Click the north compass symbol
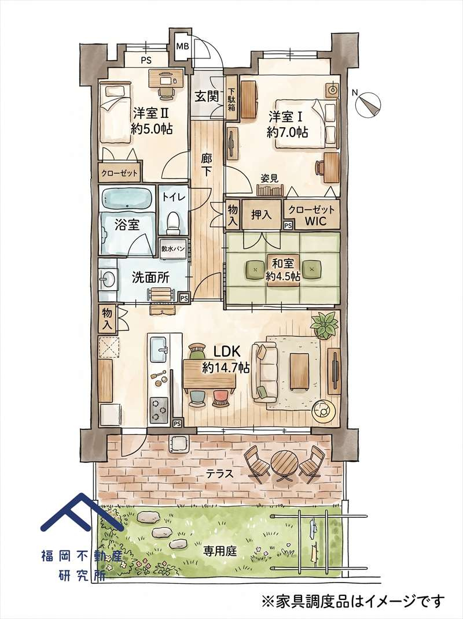pyautogui.click(x=369, y=102)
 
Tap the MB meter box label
pyautogui.click(x=182, y=46)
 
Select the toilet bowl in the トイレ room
pyautogui.click(x=173, y=222)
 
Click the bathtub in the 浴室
pyautogui.click(x=127, y=199)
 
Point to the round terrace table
pyautogui.click(x=284, y=464)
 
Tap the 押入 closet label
pyautogui.click(x=262, y=215)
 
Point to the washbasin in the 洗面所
pyautogui.click(x=108, y=279)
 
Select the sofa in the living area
pyautogui.click(x=266, y=372)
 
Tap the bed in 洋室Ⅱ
pyautogui.click(x=115, y=112)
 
